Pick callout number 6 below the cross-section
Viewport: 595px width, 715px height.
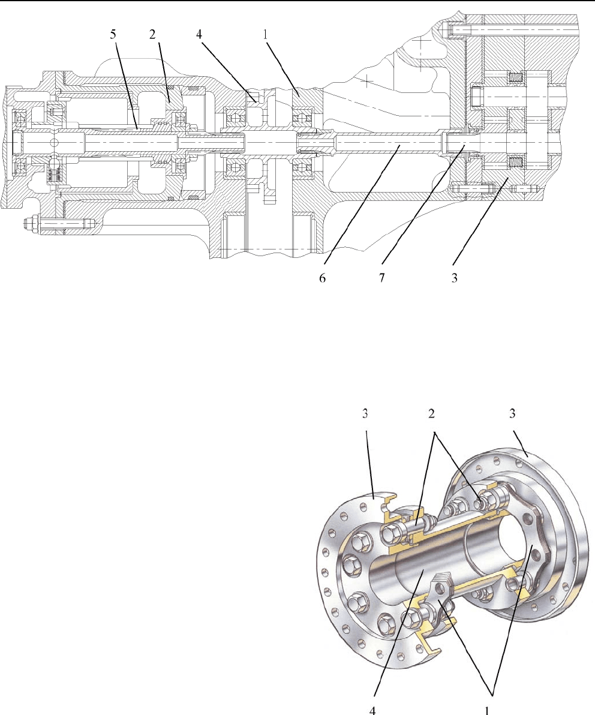pos(323,280)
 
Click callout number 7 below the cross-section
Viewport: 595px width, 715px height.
pos(383,280)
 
